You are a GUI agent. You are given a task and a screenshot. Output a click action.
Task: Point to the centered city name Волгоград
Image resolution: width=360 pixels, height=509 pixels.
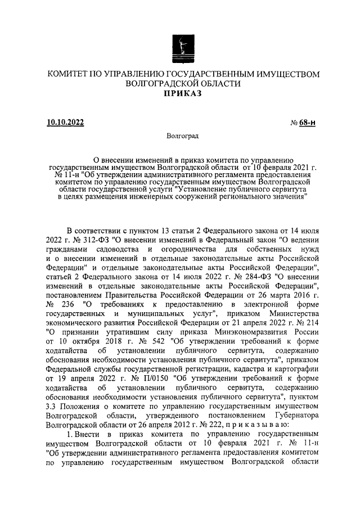click(182, 136)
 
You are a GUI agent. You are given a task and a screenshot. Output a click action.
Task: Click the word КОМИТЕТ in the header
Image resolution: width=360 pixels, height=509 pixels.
click(70, 74)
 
